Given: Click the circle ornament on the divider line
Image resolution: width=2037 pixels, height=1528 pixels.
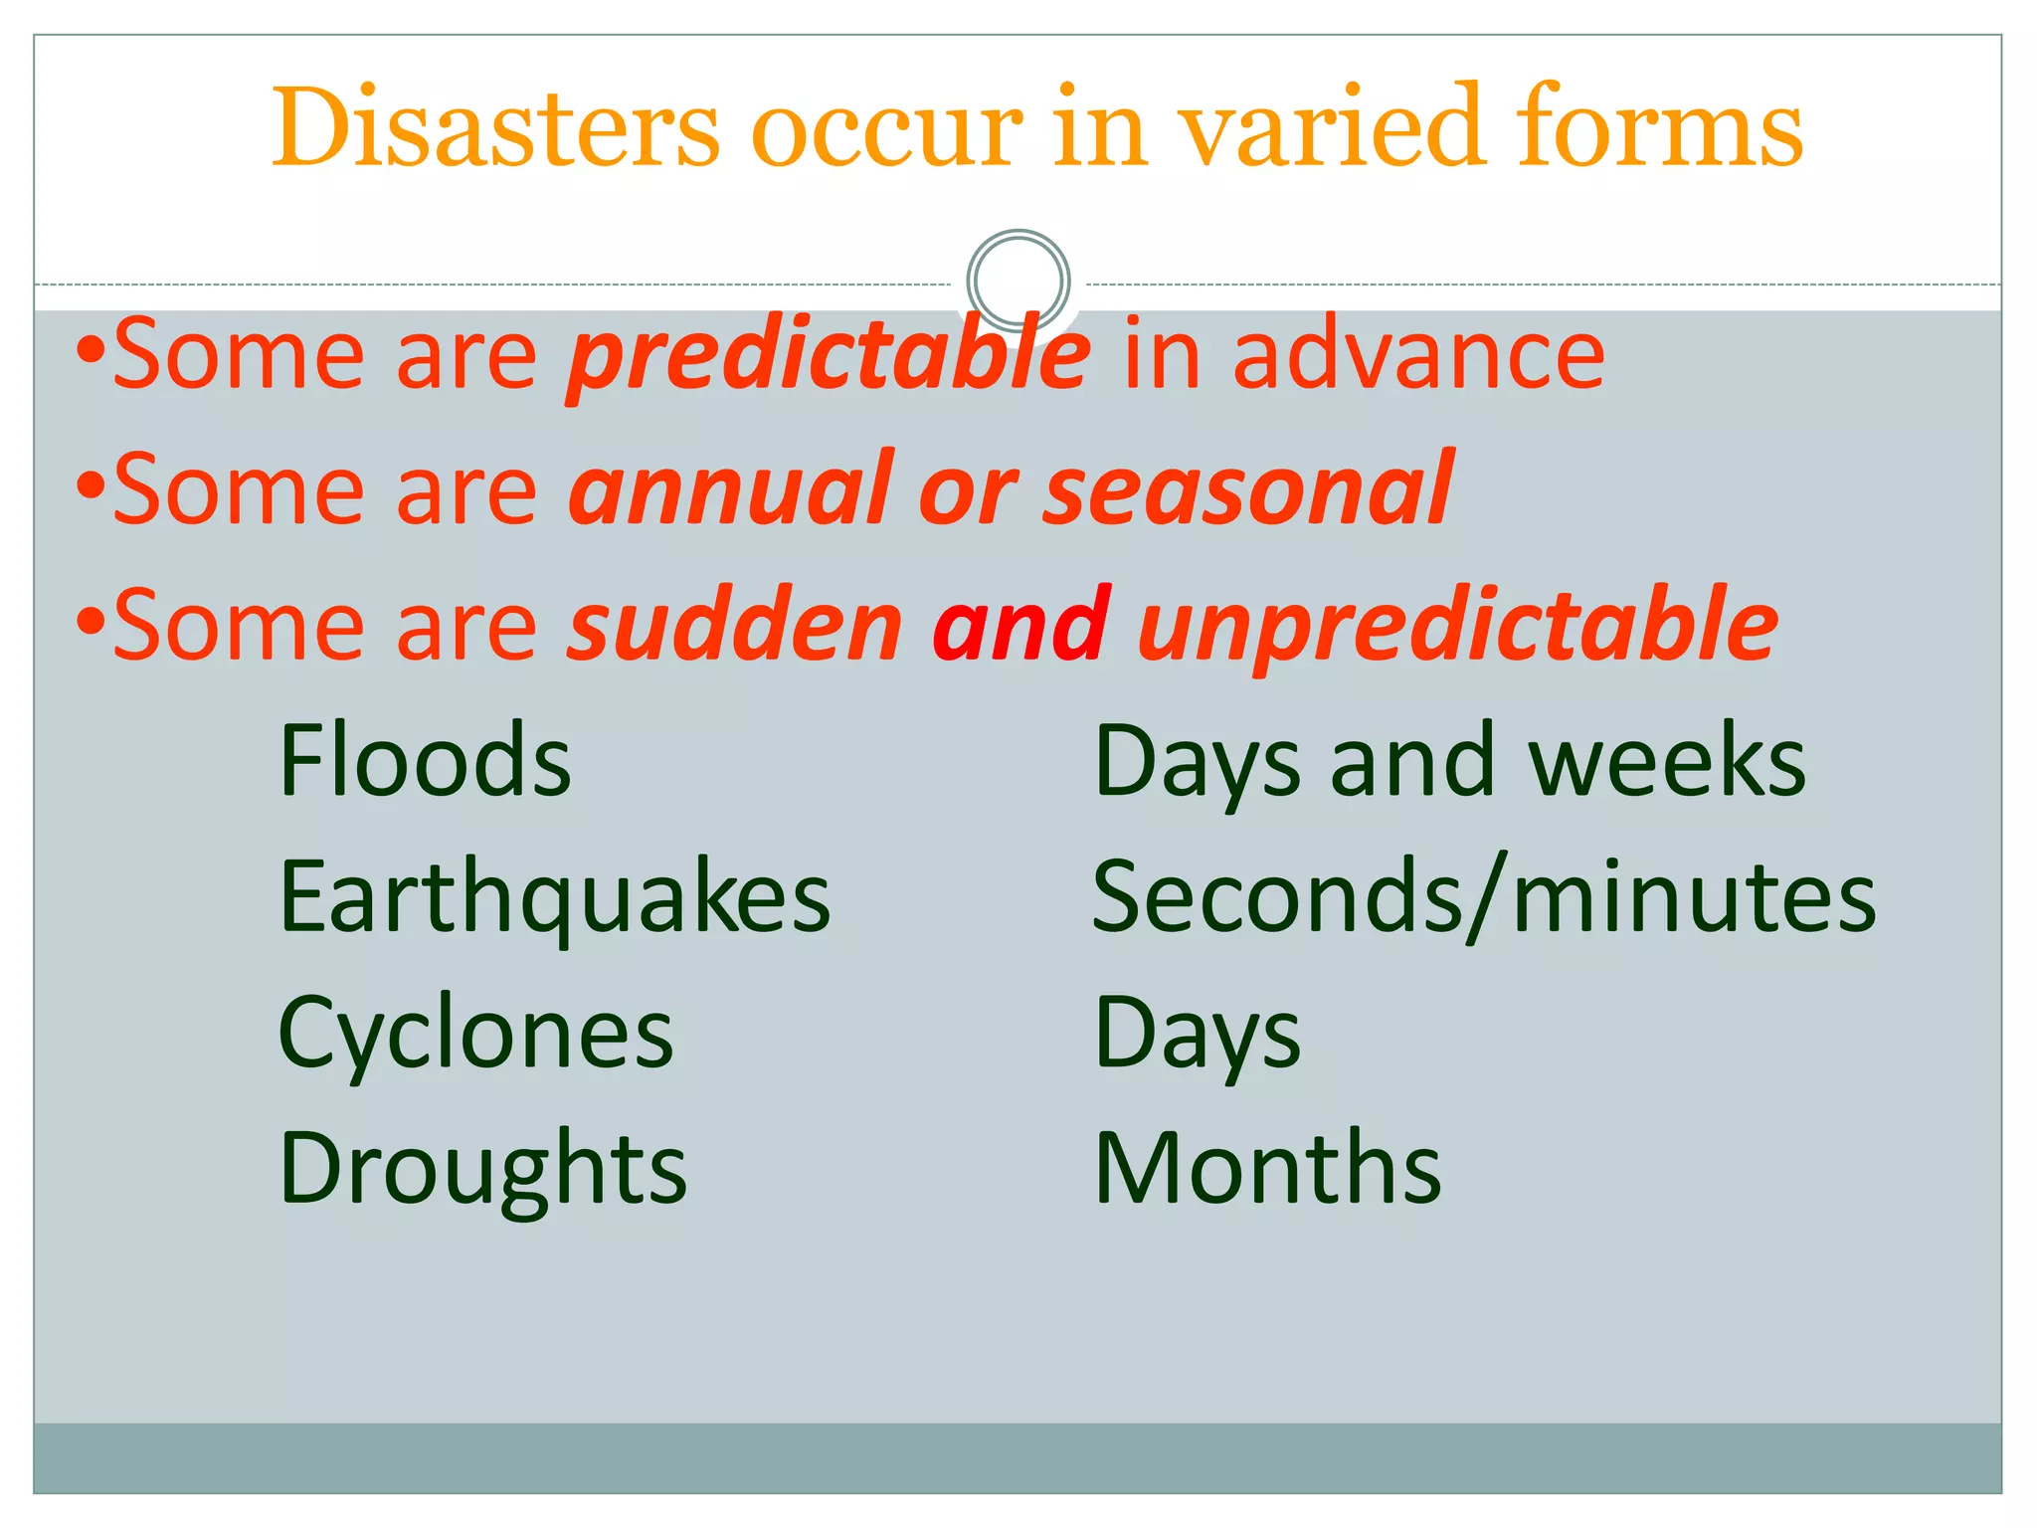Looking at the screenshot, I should click(1018, 282).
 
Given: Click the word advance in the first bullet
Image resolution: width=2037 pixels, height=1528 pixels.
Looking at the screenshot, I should click(1418, 354).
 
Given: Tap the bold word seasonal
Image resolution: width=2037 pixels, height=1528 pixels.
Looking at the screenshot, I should click(1248, 489).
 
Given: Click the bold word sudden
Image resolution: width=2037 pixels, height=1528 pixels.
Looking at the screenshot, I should click(734, 625).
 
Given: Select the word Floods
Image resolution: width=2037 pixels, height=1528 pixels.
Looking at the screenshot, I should click(425, 761).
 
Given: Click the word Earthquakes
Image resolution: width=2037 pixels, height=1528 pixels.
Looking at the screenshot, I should click(554, 898).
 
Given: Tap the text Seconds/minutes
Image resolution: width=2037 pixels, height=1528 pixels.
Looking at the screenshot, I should click(1483, 898).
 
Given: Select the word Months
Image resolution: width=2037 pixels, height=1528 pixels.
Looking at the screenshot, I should click(1267, 1168).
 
